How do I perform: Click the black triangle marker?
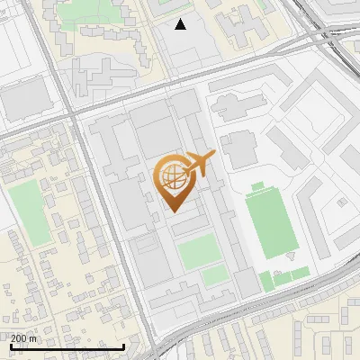click(181, 24)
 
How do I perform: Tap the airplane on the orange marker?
click(200, 164)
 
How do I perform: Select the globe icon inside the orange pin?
click(172, 176)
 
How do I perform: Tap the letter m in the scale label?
click(33, 337)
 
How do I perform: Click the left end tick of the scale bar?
click(10, 346)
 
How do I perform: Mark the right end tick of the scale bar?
click(123, 346)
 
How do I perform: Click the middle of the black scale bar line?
click(67, 346)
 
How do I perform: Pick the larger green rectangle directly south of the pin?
click(198, 253)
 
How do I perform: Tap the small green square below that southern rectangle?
click(213, 276)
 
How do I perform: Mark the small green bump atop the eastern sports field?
click(257, 187)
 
